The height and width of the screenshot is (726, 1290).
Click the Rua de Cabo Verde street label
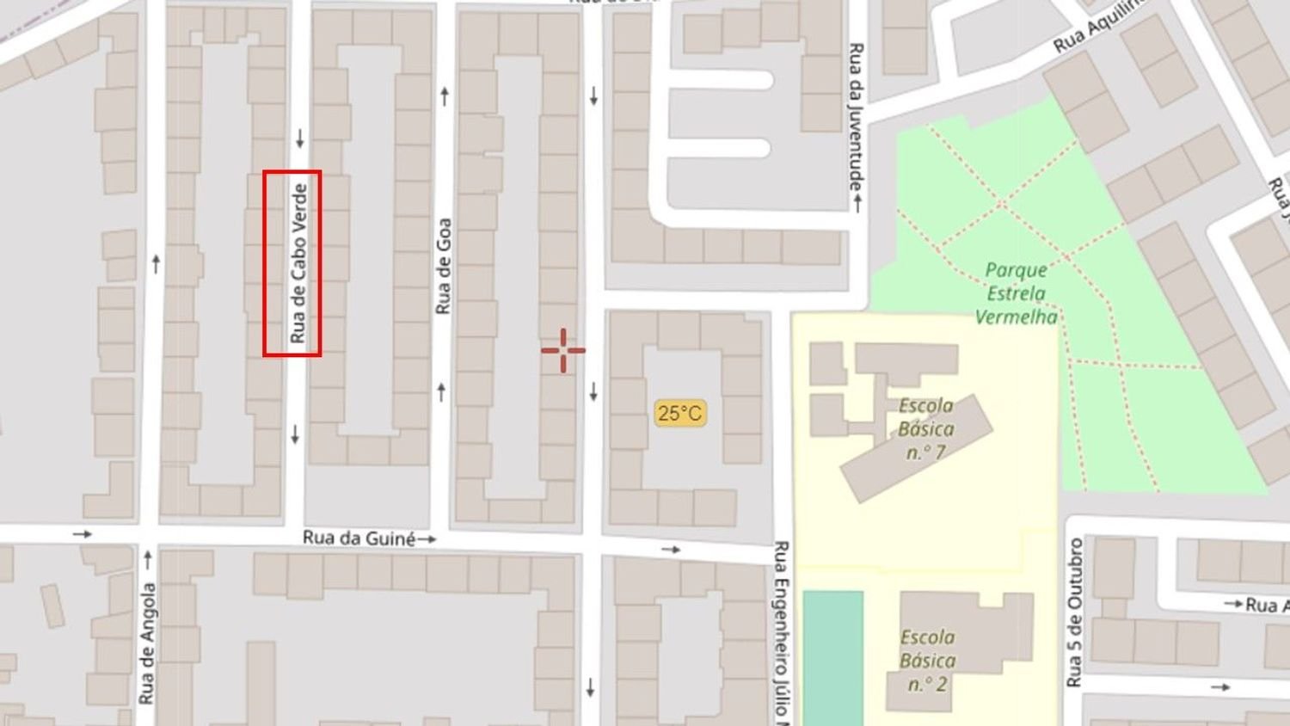tap(298, 263)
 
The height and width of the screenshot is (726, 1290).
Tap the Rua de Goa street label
tap(443, 266)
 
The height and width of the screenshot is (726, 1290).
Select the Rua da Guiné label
tap(358, 538)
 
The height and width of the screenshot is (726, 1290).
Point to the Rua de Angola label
tap(147, 643)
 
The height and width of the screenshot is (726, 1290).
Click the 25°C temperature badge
tap(679, 414)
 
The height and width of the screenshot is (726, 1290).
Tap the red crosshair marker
tap(563, 350)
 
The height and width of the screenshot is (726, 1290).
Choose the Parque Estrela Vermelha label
tap(1016, 293)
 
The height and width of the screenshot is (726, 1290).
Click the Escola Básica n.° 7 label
tap(925, 428)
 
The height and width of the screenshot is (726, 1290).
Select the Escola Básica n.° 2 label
tap(927, 661)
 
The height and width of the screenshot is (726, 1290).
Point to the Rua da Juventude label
tap(856, 116)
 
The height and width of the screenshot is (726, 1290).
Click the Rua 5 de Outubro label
tap(1074, 612)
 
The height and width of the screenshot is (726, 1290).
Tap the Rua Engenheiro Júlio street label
tap(781, 628)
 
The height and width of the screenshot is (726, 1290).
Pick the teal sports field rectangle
tap(832, 657)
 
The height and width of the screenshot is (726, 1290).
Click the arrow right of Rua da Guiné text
tap(427, 539)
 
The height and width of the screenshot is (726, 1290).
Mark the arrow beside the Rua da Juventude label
tap(857, 203)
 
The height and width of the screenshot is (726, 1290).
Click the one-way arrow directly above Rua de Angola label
tap(147, 560)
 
